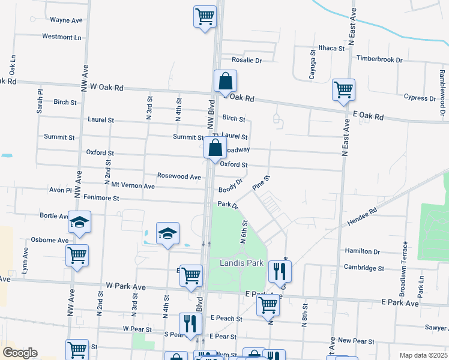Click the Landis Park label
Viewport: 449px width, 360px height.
[x=241, y=263]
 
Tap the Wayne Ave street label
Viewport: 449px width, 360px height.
[x=66, y=20]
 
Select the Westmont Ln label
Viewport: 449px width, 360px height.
[x=61, y=37]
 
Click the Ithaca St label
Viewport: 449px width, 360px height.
[x=331, y=48]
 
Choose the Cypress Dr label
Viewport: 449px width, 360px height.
[x=419, y=97]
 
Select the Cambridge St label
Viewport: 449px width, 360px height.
[x=364, y=268]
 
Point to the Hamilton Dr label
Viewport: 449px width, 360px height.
[x=362, y=251]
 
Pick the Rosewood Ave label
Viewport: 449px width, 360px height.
[x=179, y=177]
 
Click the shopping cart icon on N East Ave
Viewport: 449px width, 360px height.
[x=343, y=90]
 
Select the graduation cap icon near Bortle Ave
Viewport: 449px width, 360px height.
[x=79, y=223]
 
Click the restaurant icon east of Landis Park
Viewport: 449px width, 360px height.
[x=280, y=271]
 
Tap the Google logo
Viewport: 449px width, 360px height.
[x=20, y=353]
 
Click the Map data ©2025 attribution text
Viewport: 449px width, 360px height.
[x=423, y=355]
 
